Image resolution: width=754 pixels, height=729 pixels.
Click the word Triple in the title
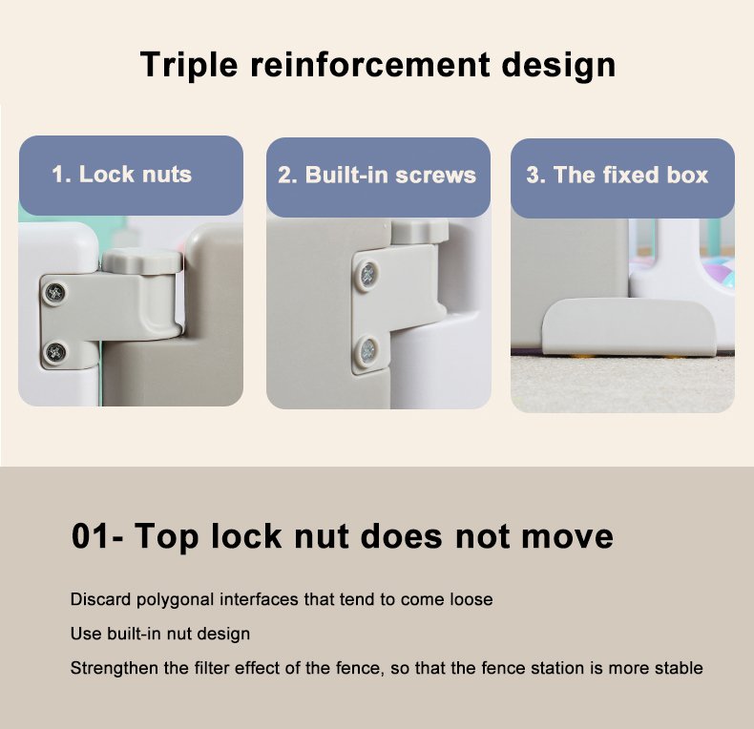[189, 65]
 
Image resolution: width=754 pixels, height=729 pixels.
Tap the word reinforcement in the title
[370, 64]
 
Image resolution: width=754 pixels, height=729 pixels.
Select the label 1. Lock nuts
[121, 174]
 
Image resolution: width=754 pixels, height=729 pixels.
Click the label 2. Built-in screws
[377, 175]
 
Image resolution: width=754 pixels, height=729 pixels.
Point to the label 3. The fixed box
[618, 175]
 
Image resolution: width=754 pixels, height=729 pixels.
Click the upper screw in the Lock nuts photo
[55, 292]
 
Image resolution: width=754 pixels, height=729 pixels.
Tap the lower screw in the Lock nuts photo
[55, 352]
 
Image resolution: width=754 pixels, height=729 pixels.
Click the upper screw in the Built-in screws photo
[367, 275]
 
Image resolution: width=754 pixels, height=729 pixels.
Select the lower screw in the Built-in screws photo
[367, 350]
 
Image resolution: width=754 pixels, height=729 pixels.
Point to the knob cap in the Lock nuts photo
[143, 262]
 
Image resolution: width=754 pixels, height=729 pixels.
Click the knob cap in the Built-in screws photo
[420, 232]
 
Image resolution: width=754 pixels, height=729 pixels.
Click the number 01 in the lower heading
[90, 536]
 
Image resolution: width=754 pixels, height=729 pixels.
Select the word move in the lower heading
[568, 537]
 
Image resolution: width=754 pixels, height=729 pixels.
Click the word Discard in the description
[100, 599]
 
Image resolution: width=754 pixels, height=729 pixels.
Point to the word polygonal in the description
[176, 600]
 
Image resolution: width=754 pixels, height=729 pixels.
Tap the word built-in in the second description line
[131, 634]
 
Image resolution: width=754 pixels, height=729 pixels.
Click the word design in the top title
[558, 66]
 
